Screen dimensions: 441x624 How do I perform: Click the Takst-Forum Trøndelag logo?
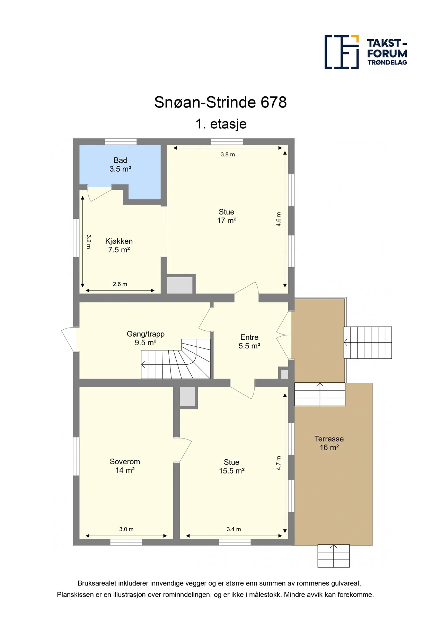(366, 52)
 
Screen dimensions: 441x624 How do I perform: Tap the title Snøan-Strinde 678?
(220, 102)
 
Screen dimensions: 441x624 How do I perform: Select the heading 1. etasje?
(221, 124)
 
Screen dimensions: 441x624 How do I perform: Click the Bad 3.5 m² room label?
(120, 165)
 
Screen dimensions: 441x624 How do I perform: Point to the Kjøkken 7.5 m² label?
(119, 245)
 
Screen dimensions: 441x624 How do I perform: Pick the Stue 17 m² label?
(227, 216)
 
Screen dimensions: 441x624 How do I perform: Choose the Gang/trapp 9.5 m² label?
(145, 338)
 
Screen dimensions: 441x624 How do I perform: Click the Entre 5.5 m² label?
(249, 341)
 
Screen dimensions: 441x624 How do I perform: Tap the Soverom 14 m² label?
(125, 466)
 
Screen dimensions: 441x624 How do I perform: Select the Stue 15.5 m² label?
(232, 466)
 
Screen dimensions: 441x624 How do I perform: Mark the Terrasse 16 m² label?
(329, 443)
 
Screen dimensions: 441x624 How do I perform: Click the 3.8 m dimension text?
(228, 155)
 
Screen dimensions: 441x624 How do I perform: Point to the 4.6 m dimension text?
(279, 219)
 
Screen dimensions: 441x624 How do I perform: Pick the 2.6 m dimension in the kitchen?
(120, 284)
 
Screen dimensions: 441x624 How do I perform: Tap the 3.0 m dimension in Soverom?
(126, 529)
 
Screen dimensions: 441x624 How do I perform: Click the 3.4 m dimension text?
(234, 529)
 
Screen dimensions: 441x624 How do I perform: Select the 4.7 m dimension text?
(279, 463)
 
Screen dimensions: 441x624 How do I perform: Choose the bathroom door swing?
(99, 193)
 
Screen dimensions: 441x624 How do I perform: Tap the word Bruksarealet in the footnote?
(97, 583)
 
